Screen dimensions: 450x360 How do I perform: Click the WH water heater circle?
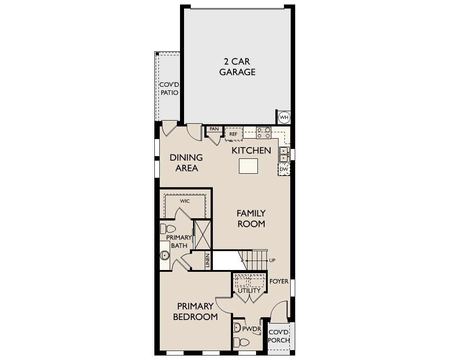coord(284,117)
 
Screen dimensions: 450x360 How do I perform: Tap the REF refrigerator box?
coord(234,134)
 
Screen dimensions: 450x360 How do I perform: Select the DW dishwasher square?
coord(284,169)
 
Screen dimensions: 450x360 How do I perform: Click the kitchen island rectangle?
coord(248,166)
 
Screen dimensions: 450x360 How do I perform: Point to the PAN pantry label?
coord(214,129)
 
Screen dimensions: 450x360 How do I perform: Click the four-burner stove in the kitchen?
coord(263,133)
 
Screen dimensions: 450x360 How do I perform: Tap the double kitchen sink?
coord(284,154)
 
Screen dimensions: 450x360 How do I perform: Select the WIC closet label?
coord(185,201)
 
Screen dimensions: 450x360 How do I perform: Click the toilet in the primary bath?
coord(168,229)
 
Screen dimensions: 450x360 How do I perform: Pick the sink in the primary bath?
coord(165,255)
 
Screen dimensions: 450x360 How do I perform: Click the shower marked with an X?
coord(202,235)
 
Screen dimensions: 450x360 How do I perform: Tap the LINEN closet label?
coord(208,261)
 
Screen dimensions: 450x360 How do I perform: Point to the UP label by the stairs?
coord(272,261)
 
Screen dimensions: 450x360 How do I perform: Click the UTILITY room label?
coord(249,291)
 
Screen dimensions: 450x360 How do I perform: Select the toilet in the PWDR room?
coord(241,342)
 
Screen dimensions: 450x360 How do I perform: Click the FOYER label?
coord(279,281)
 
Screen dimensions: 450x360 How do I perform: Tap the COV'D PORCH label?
coord(279,336)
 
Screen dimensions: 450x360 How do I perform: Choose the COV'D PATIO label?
coord(169,89)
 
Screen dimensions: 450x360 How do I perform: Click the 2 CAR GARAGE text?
coord(237,67)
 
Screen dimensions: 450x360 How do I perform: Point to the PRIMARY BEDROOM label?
coord(195,311)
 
